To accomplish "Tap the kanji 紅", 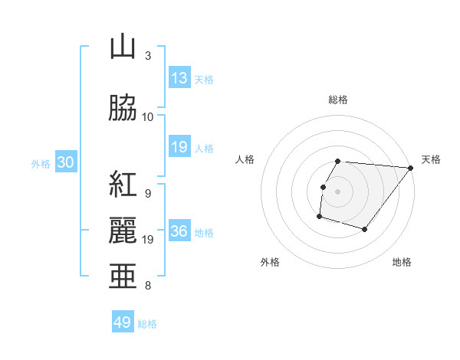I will pos(122,185).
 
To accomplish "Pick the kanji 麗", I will pos(122,230).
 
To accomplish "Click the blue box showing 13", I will pos(179,78).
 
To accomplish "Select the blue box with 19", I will pos(179,147).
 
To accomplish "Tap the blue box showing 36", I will pos(179,232).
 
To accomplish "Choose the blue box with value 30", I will pos(65,162).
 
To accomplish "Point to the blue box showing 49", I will pos(123,322).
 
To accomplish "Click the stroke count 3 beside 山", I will pos(148,55).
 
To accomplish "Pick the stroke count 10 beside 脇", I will pos(148,116).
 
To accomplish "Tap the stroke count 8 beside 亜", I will pos(148,286).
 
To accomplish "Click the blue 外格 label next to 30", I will pos(41,163).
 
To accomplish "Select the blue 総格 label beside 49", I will pos(147,324).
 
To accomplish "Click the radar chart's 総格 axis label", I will pos(338,100).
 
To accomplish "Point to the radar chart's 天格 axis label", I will pos(431,159).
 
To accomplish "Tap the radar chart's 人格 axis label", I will pos(245,159).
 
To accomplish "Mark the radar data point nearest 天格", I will pos(410,168).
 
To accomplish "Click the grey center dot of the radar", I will pos(337,191).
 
